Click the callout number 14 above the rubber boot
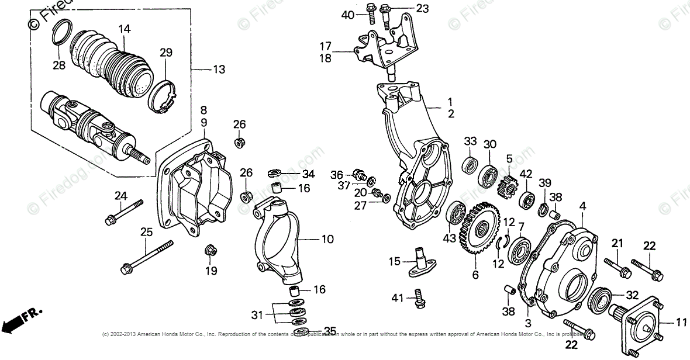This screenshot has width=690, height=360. point(124,29)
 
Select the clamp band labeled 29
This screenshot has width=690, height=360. point(162,93)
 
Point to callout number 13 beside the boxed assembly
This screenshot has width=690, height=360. point(218,70)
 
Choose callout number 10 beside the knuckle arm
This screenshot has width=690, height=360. point(327,239)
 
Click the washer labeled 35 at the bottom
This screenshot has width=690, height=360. point(301,332)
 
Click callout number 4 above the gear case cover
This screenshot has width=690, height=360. point(582,206)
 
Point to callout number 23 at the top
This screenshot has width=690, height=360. point(422,8)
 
